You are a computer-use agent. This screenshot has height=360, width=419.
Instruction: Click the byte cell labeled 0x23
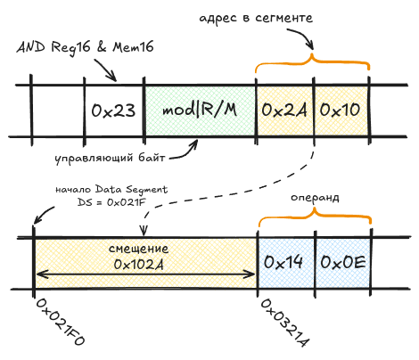tap(113, 110)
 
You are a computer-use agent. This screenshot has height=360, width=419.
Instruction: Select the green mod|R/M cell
tap(200, 110)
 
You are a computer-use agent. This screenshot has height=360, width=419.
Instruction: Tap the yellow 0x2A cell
tap(283, 110)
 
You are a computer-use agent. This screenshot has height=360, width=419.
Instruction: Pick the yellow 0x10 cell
tap(340, 110)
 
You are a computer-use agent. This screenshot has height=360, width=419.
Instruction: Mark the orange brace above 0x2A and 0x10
tap(312, 65)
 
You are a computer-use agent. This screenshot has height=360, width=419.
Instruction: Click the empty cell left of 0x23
tap(58, 110)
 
